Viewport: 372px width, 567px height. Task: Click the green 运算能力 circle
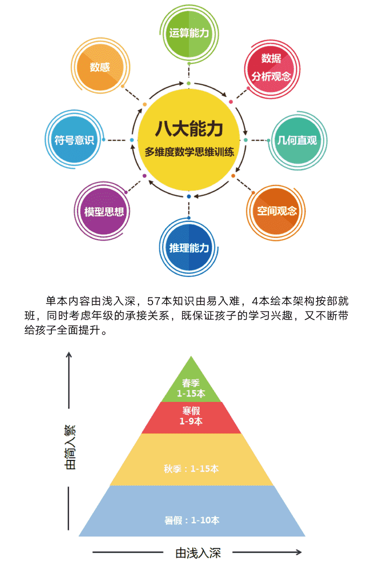point(189,33)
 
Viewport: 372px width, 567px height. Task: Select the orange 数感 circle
point(100,67)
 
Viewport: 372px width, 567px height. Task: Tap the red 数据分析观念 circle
point(272,68)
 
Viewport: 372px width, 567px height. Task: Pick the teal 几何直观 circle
point(297,140)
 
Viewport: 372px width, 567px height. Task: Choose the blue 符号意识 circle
point(74,139)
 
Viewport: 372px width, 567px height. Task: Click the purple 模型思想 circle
point(104,211)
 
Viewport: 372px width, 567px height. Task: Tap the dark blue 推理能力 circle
point(189,248)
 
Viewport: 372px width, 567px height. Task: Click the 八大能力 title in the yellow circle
point(189,129)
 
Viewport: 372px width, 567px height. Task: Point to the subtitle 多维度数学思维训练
point(189,152)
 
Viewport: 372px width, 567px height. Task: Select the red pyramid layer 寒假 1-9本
point(191,417)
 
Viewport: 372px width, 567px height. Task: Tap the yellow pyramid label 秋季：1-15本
point(191,469)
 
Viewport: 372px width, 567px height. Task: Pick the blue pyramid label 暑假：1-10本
point(192,520)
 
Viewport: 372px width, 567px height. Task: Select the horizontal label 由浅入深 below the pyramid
point(198,553)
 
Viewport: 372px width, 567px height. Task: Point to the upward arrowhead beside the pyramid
point(69,355)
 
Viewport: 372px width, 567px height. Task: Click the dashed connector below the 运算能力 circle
point(189,72)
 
